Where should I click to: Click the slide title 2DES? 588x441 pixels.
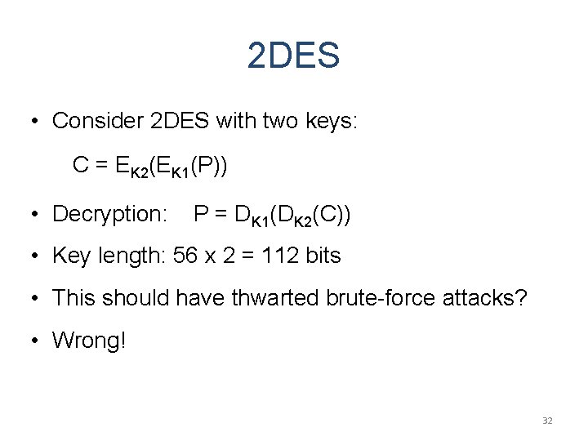(293, 56)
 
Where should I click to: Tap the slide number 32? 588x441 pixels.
(547, 421)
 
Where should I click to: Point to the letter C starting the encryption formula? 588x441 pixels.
(80, 165)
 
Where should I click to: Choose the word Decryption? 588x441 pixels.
(109, 214)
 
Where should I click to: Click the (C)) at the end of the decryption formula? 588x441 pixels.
(332, 214)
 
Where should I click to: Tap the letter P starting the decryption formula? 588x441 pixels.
(200, 214)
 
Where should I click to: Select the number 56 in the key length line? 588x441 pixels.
(185, 256)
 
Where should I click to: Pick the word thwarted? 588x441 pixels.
(274, 298)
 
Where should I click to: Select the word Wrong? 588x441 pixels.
(89, 341)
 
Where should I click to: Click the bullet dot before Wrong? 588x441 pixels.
(36, 341)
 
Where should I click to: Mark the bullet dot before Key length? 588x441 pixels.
(36, 256)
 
